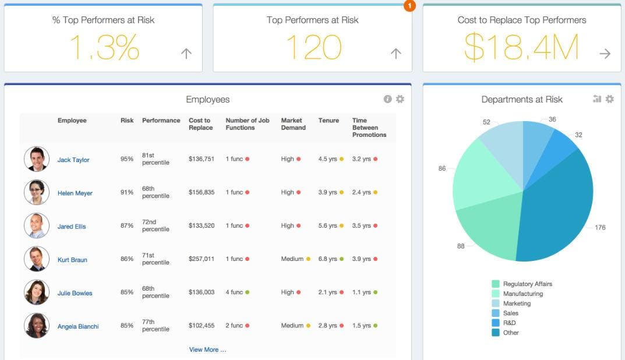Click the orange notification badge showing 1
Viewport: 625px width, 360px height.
pos(409,5)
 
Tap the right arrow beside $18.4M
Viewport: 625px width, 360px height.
pos(605,54)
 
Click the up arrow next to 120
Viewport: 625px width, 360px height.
pos(396,54)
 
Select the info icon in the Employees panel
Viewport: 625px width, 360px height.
pos(387,99)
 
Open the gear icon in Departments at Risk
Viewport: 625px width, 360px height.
pos(609,99)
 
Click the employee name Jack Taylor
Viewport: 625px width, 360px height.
pos(73,160)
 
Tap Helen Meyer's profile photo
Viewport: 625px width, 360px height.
pos(37,192)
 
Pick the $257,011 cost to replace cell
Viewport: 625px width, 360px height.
pos(202,259)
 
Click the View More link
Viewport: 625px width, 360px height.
pos(207,350)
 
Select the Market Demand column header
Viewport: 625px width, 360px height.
pos(294,124)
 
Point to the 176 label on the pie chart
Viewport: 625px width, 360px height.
pos(600,227)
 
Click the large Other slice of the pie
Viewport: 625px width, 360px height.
pos(558,207)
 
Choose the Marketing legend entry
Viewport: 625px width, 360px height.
pos(517,303)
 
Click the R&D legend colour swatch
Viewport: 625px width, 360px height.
pos(496,323)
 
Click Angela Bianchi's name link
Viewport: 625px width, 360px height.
pos(78,327)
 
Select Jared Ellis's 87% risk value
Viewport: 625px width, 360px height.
pos(127,225)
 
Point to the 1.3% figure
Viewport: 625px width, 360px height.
pos(104,47)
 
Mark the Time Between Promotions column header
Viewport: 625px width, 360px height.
pos(369,128)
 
